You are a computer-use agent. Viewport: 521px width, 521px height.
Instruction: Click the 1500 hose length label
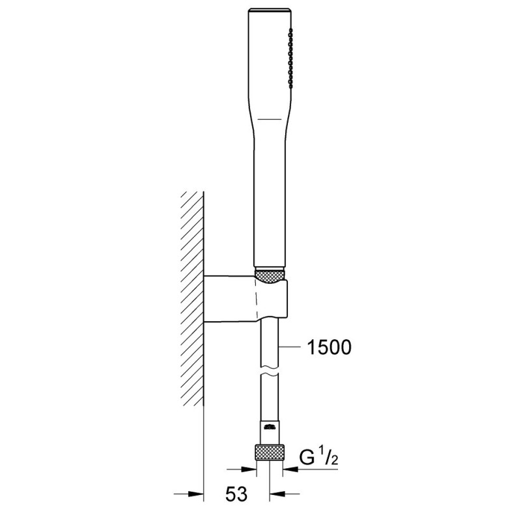click(329, 348)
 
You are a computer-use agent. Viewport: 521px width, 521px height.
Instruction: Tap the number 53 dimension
click(236, 494)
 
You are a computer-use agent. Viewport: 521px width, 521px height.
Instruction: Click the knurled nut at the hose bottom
click(270, 452)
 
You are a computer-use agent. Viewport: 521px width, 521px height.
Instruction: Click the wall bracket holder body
click(246, 299)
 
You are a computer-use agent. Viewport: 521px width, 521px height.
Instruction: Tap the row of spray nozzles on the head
click(291, 58)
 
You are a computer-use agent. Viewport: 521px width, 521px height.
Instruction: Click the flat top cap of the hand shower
click(270, 10)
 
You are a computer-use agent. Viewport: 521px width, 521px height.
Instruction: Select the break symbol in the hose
click(270, 371)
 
